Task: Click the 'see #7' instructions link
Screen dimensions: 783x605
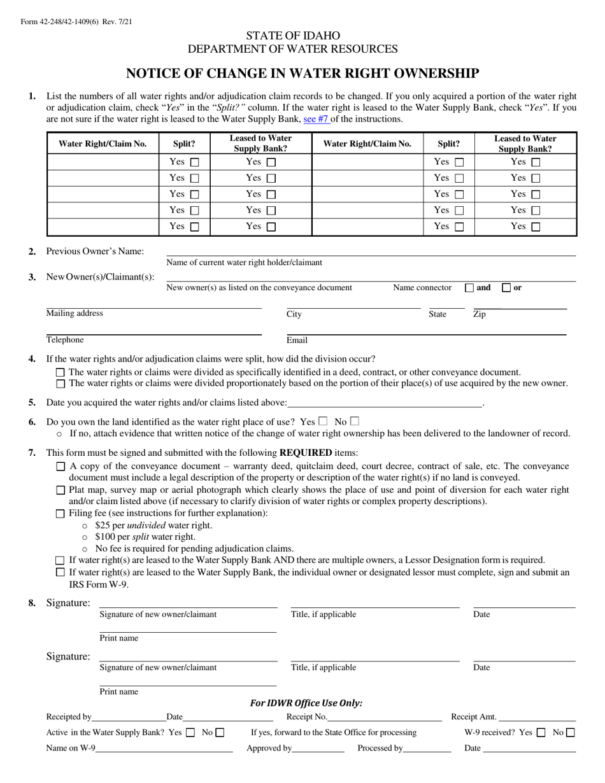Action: point(316,119)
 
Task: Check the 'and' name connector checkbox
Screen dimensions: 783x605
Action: point(469,288)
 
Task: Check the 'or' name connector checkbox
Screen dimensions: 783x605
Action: point(506,288)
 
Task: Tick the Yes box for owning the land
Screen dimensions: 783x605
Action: point(323,421)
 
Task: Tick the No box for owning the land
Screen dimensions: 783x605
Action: point(355,421)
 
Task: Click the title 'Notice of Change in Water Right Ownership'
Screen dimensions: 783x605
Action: point(302,73)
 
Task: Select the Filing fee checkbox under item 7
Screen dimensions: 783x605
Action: point(60,514)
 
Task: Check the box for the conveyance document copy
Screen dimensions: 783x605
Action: point(60,467)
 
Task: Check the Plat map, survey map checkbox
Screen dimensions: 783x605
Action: point(60,490)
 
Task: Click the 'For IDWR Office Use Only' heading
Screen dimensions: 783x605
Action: point(306,703)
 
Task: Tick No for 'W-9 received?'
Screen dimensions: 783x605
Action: point(570,733)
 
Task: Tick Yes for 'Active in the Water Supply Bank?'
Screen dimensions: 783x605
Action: point(190,733)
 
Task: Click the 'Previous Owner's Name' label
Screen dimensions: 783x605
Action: point(95,251)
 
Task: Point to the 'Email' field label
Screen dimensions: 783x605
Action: point(297,341)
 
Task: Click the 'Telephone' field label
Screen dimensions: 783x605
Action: point(65,340)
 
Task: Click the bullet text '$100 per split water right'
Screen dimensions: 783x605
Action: point(145,537)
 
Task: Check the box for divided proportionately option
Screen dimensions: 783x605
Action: point(60,384)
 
